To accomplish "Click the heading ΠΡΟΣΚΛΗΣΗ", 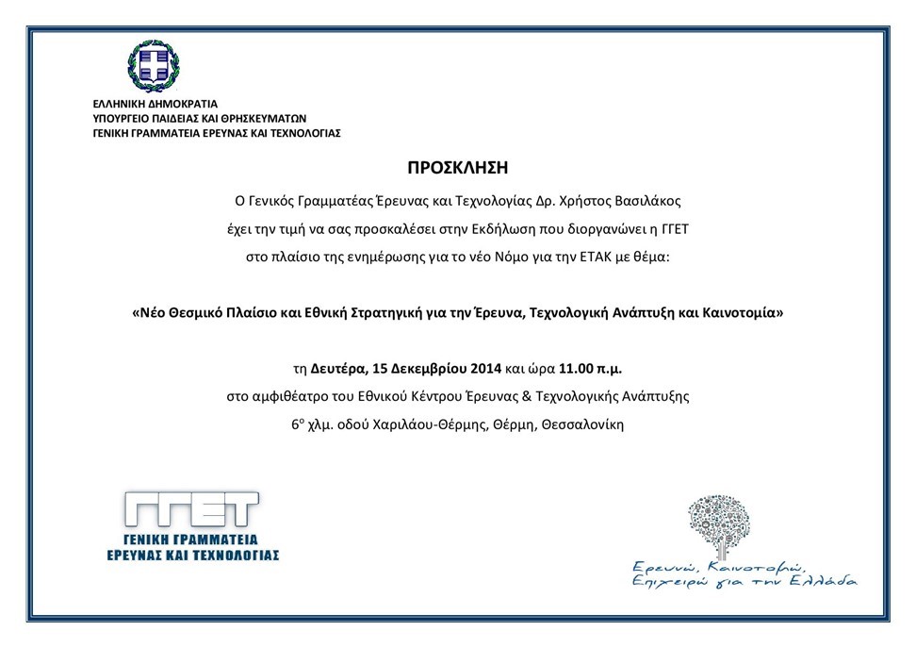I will click(457, 168).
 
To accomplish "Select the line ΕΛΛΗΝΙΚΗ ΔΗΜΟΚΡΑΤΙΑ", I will click(155, 104).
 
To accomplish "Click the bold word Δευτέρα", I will click(341, 367).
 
